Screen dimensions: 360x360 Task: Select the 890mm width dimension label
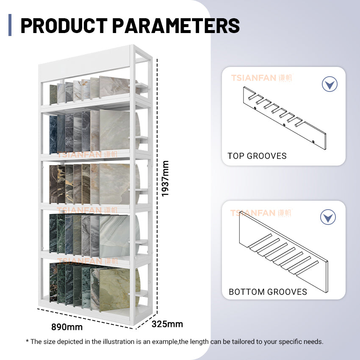coord(67,327)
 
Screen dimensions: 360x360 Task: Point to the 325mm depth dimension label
coord(167,324)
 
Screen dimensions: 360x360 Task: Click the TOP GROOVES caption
coord(257,156)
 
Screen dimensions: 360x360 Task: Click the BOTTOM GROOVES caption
coord(268,292)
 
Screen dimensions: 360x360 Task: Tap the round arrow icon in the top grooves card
coord(330,84)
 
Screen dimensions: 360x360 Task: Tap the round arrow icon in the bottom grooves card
coord(328,217)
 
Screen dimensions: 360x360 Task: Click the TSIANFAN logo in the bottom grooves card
coord(260,213)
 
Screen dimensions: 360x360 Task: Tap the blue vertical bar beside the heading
coord(10,25)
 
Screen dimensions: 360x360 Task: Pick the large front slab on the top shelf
coord(114,87)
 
